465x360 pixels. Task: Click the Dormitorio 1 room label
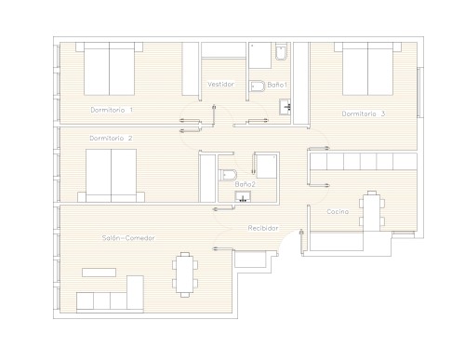point(112,110)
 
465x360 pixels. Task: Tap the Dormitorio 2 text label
point(111,138)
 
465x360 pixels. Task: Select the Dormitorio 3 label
point(364,113)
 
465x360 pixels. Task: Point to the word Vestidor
point(220,84)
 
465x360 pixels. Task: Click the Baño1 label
point(277,85)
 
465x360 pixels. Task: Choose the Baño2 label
point(245,184)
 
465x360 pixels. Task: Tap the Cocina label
point(338,211)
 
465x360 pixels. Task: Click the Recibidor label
point(263,228)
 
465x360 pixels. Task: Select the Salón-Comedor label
point(128,238)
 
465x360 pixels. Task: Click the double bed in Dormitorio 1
point(109,69)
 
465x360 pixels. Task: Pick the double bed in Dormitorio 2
point(111,176)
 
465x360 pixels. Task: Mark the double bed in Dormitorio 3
point(367,69)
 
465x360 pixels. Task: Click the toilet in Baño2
point(228,175)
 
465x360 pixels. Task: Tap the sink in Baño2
point(243,196)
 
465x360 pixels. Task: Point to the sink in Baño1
point(285,107)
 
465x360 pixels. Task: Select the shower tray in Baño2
point(267,166)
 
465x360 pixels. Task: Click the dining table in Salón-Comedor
point(185,274)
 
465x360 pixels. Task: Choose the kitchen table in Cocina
point(372,211)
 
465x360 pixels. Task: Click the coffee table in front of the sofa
point(99,273)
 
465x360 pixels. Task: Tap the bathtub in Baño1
point(260,55)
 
